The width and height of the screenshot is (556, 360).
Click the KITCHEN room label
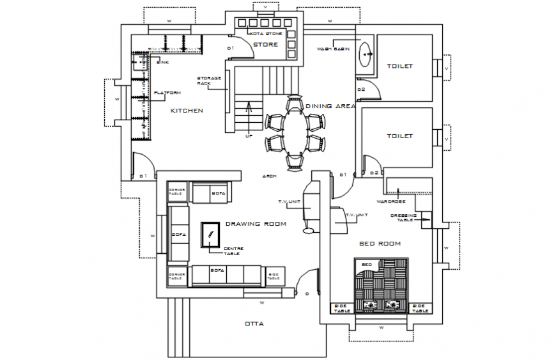(187, 111)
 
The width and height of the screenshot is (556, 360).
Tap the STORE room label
(265, 45)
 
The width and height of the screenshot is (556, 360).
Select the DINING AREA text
(330, 106)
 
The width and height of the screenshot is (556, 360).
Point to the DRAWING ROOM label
(256, 224)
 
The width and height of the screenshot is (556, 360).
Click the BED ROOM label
(380, 243)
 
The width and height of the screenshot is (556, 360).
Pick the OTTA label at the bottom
(254, 324)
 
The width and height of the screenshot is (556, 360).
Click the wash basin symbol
(367, 55)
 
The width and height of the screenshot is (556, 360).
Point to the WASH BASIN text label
(333, 49)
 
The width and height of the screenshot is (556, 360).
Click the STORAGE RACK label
(209, 80)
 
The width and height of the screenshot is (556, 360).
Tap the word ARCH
(269, 176)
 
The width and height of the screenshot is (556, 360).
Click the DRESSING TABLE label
(403, 218)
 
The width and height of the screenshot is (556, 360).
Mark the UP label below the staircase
(248, 136)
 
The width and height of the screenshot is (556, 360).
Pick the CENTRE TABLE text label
(232, 251)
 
